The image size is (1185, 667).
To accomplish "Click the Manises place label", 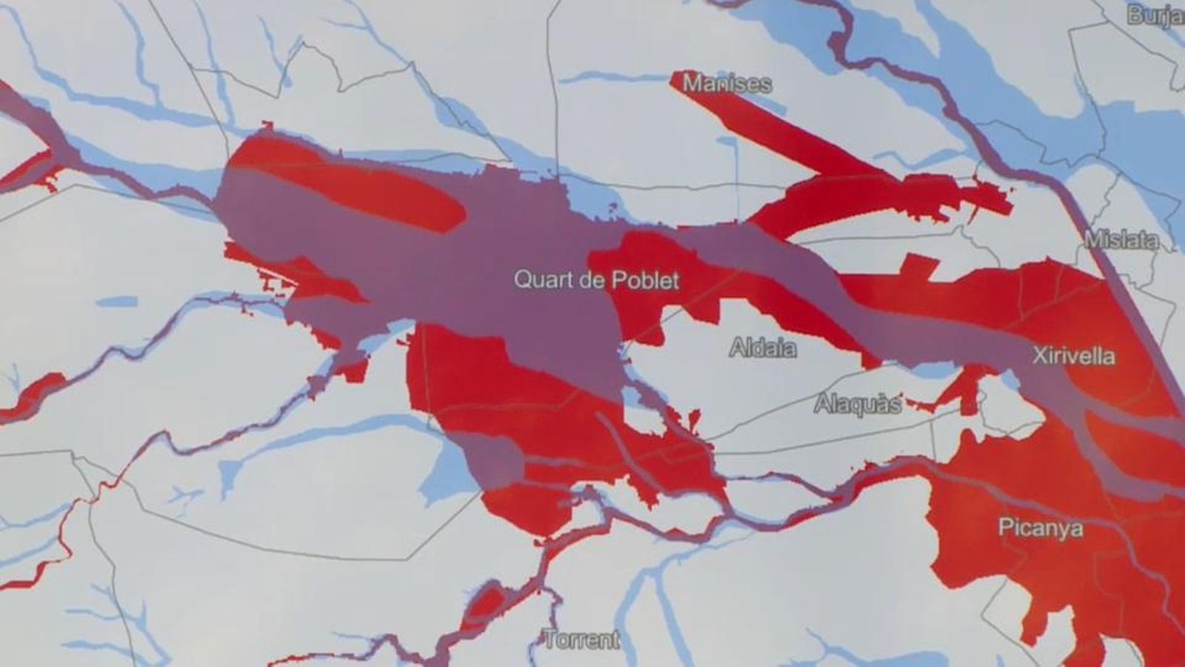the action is click(x=726, y=84).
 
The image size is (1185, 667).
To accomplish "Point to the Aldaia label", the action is click(x=763, y=348).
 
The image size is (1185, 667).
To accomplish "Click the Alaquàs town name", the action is click(x=857, y=405).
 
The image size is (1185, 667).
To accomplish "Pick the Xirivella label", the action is click(x=1073, y=356).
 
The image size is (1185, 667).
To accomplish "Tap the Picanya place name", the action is click(x=1040, y=528).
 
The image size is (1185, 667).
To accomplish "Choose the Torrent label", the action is click(x=581, y=639).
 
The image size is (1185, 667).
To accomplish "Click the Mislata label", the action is click(x=1121, y=239).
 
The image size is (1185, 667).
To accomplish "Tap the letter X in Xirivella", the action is click(x=1039, y=356).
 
